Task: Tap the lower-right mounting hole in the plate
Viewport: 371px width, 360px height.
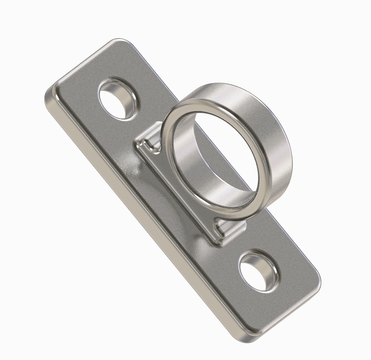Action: [257, 273]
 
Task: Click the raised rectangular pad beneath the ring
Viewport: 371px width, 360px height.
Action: [170, 188]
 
